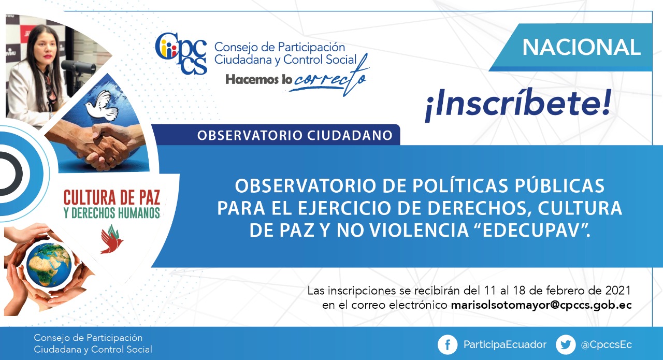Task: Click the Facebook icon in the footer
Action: (447, 344)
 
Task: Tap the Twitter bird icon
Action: (566, 344)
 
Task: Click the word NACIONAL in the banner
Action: (581, 47)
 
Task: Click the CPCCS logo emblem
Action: (181, 53)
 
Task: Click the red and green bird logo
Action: (111, 239)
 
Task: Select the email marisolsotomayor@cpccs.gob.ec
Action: (541, 305)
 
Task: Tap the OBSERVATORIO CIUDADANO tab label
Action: (295, 135)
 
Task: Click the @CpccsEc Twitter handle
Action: (606, 344)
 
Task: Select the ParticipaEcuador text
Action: (505, 344)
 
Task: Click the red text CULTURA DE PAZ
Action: (112, 198)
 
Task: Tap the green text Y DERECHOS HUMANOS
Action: (112, 213)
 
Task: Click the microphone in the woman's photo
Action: (78, 67)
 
